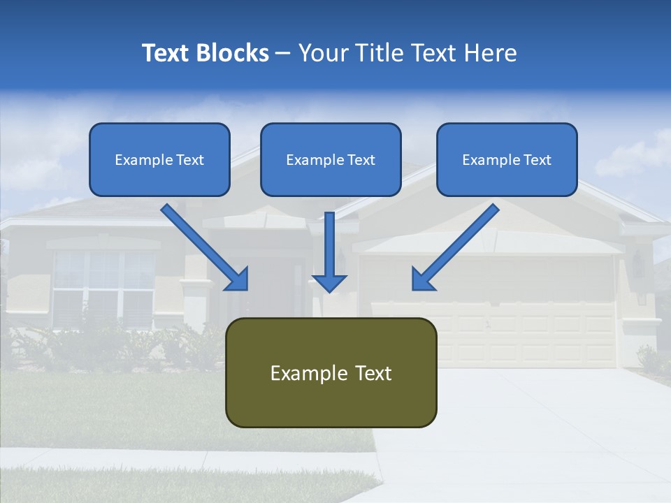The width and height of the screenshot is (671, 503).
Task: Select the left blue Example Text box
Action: pos(159,160)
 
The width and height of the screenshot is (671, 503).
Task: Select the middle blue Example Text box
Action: pos(331,160)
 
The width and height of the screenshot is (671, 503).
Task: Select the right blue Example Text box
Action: pos(507,160)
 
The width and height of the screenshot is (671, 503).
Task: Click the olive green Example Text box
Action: pos(331,373)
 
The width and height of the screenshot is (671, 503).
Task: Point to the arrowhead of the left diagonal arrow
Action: pos(238,279)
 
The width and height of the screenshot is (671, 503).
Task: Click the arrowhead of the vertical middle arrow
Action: pos(329,282)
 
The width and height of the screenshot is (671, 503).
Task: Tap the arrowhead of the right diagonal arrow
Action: pos(422,279)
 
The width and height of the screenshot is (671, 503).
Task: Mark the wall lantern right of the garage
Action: pos(638,264)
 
